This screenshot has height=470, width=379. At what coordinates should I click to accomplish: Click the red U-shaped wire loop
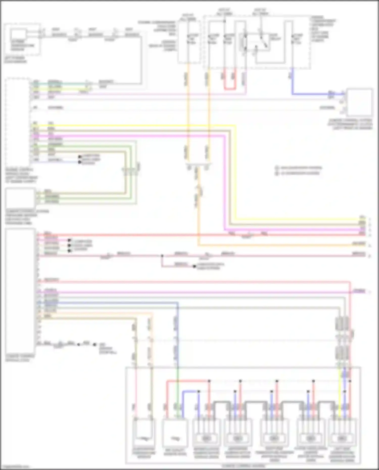click(x=230, y=88)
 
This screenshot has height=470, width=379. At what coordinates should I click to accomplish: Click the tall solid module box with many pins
click(x=20, y=290)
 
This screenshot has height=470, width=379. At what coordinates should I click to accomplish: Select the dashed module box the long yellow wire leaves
click(x=18, y=121)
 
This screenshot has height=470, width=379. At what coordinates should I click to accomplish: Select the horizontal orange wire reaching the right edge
click(x=278, y=245)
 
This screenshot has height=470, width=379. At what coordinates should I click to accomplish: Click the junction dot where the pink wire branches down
click(x=162, y=256)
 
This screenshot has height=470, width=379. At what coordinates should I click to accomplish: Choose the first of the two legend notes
click(x=299, y=168)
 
